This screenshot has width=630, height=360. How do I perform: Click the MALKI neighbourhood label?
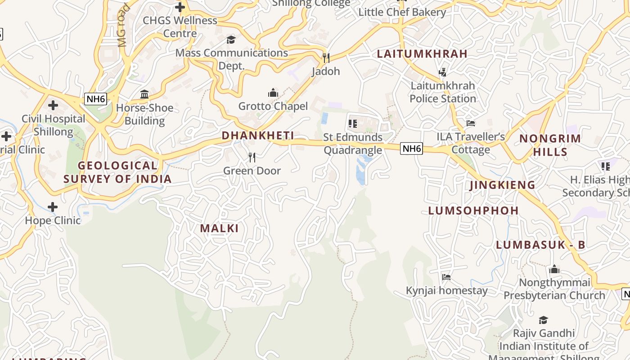pos(219,228)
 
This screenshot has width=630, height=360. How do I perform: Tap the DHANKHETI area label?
pos(258,135)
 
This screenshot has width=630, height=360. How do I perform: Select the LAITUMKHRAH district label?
pos(422,54)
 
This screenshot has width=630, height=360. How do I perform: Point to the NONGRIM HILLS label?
pos(550,145)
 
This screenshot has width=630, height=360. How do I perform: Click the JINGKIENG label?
pos(502,185)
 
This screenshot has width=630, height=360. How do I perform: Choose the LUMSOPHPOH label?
pos(473,211)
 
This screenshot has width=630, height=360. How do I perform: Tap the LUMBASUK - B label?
pos(540,245)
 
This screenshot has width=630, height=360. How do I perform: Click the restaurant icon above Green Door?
pos(252,157)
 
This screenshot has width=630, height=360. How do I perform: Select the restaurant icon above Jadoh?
pos(326,58)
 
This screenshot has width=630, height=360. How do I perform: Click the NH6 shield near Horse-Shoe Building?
pos(96,99)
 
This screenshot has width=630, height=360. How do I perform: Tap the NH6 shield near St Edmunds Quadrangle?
pos(412,148)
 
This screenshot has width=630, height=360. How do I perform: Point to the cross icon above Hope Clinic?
pos(53,207)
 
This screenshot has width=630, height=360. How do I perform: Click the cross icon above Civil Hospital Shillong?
pos(53,105)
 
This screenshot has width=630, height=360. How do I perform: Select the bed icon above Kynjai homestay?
pos(446,277)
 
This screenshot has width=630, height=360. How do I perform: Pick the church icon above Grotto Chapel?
pos(273,93)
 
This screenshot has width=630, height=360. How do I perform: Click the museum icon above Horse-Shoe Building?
pos(144,94)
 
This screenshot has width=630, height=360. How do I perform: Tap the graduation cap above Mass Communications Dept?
pos(231,40)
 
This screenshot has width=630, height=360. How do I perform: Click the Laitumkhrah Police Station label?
pos(443,92)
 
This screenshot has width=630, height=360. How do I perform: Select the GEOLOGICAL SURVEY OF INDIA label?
pos(117,172)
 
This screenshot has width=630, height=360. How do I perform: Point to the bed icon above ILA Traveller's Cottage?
pos(471,123)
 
